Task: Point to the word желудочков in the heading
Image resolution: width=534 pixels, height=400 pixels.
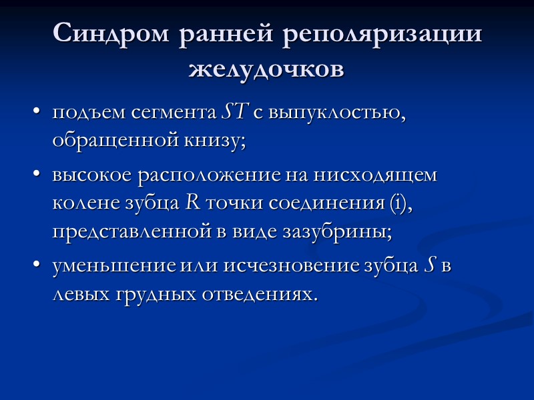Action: tap(267, 68)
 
